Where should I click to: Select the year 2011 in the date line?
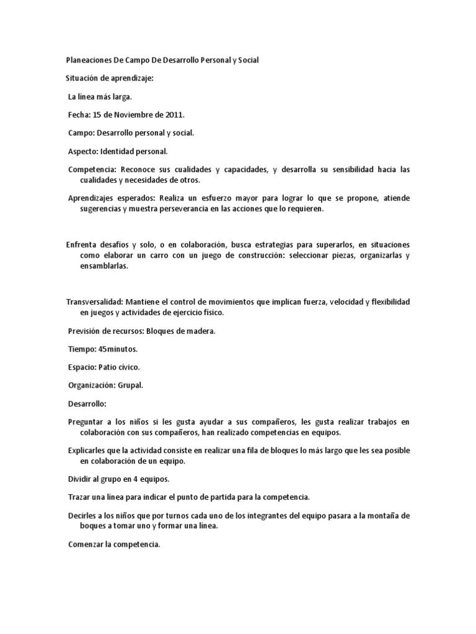[x=173, y=115]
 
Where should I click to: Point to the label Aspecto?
[x=82, y=150]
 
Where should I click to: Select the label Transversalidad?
[x=94, y=302]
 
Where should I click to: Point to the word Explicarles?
[x=86, y=450]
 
